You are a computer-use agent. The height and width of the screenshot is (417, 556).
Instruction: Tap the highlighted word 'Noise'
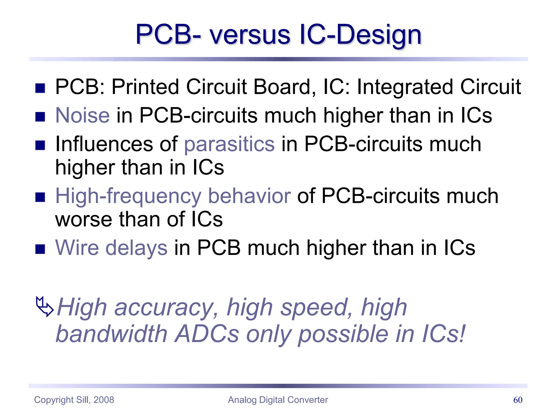(83, 115)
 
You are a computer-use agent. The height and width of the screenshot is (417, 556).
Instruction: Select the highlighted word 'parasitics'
(229, 144)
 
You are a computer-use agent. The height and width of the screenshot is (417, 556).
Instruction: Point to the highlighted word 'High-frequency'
(128, 196)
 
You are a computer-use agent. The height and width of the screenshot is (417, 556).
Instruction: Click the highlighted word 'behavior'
(249, 196)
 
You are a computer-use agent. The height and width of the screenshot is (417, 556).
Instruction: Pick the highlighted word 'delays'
(136, 248)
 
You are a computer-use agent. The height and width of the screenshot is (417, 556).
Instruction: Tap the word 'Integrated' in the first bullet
(405, 87)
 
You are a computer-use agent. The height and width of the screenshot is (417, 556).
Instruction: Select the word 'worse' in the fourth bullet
(83, 219)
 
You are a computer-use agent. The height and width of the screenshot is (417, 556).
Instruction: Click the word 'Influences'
(104, 144)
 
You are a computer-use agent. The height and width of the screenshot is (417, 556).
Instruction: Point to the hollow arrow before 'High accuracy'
(44, 307)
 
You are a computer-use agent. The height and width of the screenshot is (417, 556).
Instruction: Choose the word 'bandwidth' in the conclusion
(111, 334)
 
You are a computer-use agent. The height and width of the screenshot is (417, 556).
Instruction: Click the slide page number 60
(518, 400)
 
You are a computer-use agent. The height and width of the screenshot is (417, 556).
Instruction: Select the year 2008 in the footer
(104, 400)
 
